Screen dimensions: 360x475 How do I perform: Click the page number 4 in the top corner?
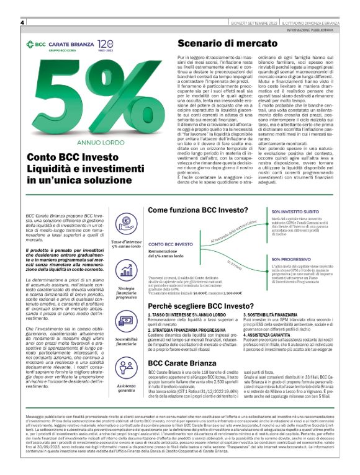22,22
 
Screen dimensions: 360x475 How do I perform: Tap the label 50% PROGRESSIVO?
291,259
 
